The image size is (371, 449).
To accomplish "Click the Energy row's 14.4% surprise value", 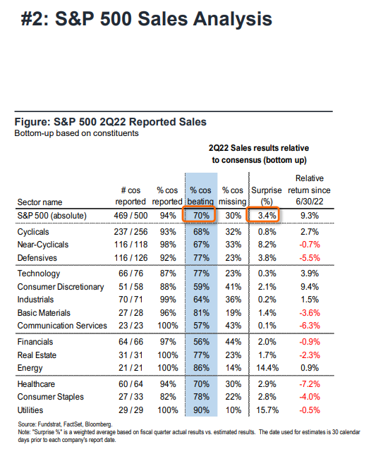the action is click(267, 368).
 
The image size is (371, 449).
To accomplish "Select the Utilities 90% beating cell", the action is click(201, 410).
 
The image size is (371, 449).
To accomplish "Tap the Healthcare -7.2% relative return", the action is click(310, 384).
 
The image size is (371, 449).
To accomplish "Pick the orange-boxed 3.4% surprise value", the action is click(267, 216).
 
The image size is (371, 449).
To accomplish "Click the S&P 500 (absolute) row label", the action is click(52, 216).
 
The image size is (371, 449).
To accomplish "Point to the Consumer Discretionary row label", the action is click(61, 287).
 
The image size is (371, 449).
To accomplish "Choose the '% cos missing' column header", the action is click(232, 196).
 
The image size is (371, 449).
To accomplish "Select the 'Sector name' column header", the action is click(39, 202).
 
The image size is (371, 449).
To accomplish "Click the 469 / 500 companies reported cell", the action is click(130, 216).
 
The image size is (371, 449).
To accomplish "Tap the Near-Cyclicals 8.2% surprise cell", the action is click(267, 245).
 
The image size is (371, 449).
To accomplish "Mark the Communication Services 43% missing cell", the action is click(233, 326).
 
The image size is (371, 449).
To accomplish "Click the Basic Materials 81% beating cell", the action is click(201, 313).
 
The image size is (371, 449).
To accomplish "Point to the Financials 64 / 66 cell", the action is click(130, 342).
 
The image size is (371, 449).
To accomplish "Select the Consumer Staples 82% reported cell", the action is click(168, 397).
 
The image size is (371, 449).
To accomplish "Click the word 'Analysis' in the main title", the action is click(233, 20).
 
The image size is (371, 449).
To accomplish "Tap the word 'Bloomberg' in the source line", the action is click(98, 424).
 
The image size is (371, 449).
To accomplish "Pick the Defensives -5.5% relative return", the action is click(310, 258).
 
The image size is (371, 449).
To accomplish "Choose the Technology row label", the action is click(39, 273).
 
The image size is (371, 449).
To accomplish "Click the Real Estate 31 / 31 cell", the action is click(130, 355).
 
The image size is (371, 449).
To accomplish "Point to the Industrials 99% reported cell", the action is click(168, 300).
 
